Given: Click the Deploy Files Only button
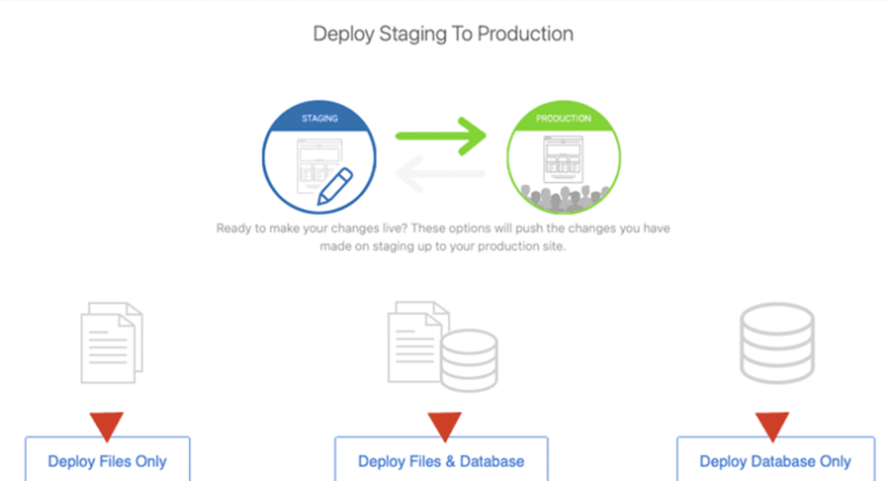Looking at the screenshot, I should point(107,460).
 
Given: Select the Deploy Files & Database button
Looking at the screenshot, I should point(441,460).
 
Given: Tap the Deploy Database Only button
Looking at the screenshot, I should point(775,460).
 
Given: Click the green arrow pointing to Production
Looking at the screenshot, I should point(442,135).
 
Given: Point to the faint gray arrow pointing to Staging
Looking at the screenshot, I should point(440,175).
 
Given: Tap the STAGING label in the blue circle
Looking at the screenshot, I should point(318,119).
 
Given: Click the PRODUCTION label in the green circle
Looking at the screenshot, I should point(564,119).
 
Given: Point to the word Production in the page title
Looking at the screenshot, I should point(526,34).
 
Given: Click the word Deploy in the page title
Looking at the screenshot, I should point(338,34).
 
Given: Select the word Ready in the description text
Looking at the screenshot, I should point(234,228).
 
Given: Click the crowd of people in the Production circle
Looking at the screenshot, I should point(564,197).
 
